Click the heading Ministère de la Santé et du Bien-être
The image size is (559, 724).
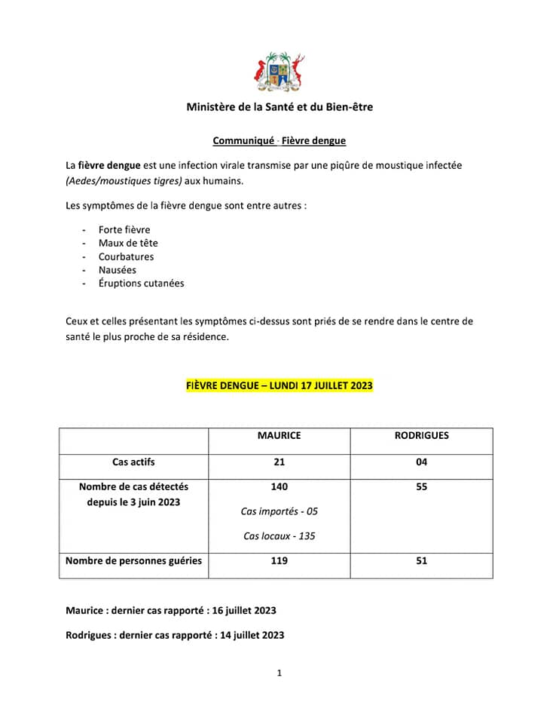[x=279, y=107]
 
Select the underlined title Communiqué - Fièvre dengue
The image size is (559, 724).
[x=279, y=140]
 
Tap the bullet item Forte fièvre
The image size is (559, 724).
[x=124, y=229]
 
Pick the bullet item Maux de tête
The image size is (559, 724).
[x=128, y=243]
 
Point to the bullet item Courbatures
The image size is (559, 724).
[x=126, y=256]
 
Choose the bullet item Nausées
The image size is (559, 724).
[x=118, y=270]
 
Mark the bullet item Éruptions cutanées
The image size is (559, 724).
[x=141, y=284]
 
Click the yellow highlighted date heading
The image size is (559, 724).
[x=279, y=385]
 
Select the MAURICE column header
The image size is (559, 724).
[x=279, y=436]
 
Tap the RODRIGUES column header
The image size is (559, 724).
[x=421, y=436]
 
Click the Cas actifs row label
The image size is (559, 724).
[x=133, y=462]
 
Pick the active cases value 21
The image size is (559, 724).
[x=279, y=462]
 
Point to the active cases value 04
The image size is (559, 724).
[x=421, y=462]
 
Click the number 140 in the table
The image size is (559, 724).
[x=279, y=487]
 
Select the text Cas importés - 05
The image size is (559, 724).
[x=279, y=511]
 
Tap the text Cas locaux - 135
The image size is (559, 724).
[x=279, y=536]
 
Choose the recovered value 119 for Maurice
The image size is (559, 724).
[x=279, y=561]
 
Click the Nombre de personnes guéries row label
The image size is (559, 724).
[x=133, y=561]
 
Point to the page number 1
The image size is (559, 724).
[x=279, y=673]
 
